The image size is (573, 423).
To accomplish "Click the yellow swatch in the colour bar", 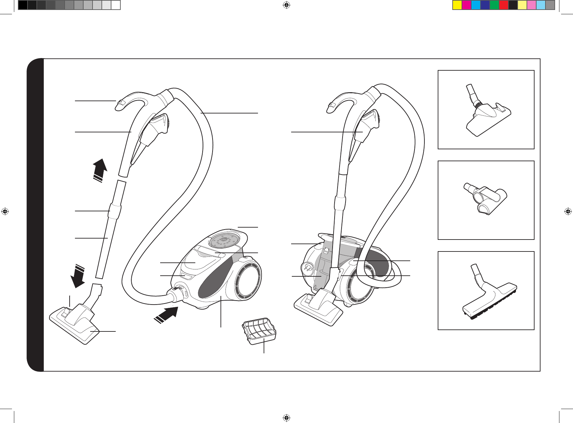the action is [457, 5].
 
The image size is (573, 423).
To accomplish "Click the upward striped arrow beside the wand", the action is [100, 170].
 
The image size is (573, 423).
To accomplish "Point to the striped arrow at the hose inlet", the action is [166, 314].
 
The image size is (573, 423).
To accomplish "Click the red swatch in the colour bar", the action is [504, 5].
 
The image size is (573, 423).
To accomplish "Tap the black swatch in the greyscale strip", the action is [23, 5].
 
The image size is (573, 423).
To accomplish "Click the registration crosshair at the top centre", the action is [286, 5].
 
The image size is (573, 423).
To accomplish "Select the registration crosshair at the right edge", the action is [568, 211].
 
